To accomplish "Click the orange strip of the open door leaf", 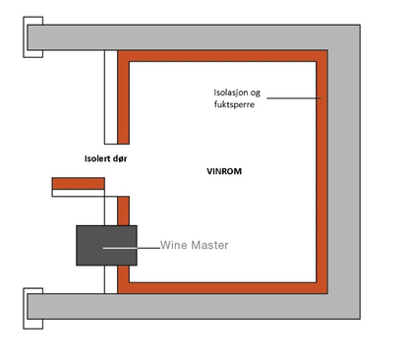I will click(79, 183).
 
